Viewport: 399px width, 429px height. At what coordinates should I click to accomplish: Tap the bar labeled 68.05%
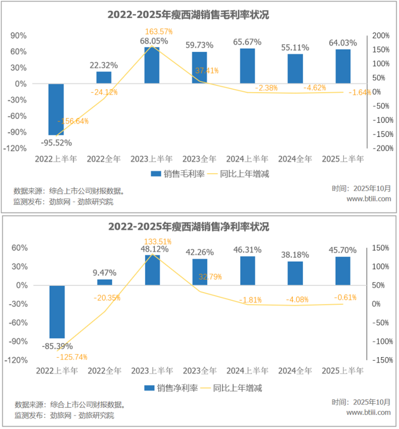point(152,65)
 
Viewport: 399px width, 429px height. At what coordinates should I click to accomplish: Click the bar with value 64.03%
point(343,66)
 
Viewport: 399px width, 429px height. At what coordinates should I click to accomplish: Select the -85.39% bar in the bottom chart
point(57,312)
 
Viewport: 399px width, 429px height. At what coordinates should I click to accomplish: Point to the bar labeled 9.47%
point(105,282)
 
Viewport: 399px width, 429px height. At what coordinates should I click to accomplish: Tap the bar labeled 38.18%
point(295,273)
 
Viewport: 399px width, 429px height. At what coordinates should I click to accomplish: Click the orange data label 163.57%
point(159,31)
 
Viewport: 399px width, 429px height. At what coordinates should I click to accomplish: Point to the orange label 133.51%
point(157,242)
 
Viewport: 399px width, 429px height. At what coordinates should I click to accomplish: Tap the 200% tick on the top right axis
point(381,36)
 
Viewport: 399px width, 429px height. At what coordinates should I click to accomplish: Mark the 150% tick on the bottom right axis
point(381,248)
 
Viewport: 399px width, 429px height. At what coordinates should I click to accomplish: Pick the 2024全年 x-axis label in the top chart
point(295,159)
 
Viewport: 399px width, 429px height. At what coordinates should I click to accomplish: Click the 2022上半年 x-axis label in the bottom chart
point(56,371)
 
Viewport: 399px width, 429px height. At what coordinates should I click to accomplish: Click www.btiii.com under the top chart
point(368,199)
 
